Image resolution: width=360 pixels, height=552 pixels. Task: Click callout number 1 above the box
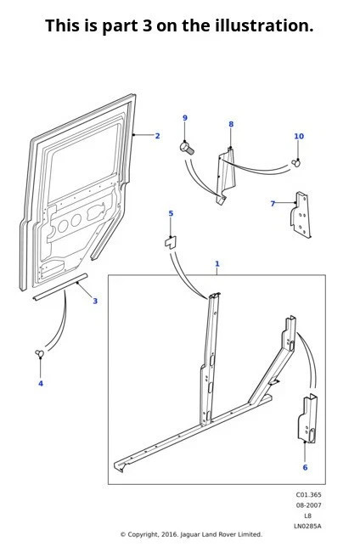point(217,264)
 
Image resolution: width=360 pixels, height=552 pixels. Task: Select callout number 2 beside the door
point(157,136)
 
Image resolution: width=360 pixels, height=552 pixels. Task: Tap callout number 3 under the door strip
point(95,301)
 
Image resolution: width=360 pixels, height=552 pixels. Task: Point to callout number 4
point(40,383)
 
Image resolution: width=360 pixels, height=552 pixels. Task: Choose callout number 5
point(171,214)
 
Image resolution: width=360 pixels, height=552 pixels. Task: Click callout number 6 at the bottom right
point(305,468)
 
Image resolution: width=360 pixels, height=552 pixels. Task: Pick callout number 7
point(273,204)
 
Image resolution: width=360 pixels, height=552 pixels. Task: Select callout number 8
point(230,125)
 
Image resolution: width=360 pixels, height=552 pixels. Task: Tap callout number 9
point(185,118)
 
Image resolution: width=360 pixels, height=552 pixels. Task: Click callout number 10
point(298,137)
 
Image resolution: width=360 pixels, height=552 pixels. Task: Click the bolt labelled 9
point(188,148)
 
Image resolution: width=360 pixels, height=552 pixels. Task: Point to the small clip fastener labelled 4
point(40,353)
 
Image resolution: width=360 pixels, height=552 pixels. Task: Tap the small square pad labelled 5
point(171,241)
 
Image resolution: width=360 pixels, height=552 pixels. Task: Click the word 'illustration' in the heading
point(262,25)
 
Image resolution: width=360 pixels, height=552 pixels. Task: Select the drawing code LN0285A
point(307,526)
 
